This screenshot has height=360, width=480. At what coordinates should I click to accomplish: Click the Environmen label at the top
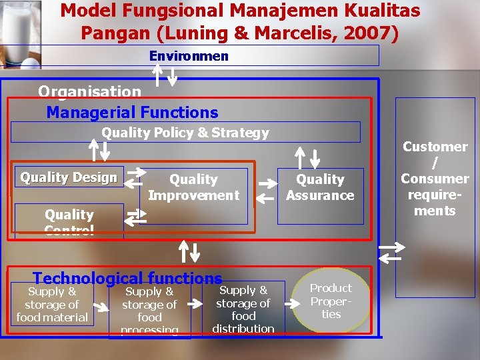coord(189,56)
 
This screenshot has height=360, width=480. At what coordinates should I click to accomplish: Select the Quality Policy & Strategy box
coord(185,133)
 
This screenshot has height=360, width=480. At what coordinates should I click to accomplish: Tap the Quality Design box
coord(69,177)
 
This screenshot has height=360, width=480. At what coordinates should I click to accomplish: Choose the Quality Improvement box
coord(193,187)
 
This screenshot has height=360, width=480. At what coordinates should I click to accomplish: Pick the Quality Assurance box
coord(320,187)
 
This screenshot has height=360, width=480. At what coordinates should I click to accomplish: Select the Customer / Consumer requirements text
coord(435,179)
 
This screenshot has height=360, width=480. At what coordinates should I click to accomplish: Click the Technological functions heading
coord(127,279)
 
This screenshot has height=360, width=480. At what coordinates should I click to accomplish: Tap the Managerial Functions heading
coord(132,113)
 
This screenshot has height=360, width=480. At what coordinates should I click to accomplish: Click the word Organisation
coord(89,91)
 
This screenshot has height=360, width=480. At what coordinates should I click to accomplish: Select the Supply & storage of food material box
coord(52,305)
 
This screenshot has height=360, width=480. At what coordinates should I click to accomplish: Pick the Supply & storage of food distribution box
coord(243,309)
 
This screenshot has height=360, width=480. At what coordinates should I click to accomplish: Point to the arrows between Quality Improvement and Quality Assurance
coord(265,189)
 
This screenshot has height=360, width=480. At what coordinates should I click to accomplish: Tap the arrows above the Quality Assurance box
coord(309,157)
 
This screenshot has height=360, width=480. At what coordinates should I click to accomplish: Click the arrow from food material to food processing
coord(99,306)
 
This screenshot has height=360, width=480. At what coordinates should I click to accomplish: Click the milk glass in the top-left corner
coord(20,33)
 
